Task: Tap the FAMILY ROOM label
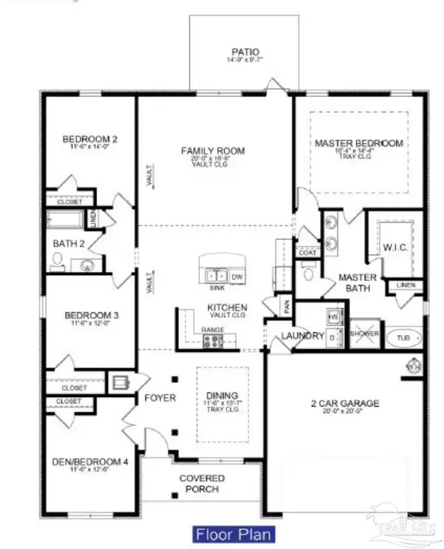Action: pos(213,151)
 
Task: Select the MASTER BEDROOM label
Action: pos(359,143)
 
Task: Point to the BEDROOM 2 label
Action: pos(90,139)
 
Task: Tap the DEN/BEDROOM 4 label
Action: pos(90,462)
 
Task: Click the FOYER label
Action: pos(160,398)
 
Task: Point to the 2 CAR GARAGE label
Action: pos(345,403)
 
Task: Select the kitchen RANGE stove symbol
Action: pos(212,341)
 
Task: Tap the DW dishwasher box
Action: pos(237,276)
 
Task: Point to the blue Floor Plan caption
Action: pos(234,533)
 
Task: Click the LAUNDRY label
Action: pos(303,336)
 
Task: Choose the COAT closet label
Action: pos(307,253)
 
